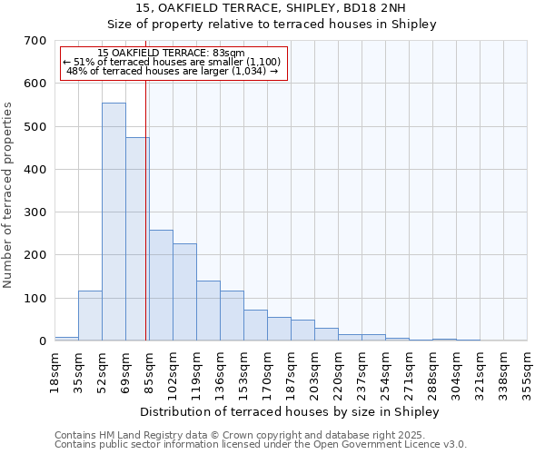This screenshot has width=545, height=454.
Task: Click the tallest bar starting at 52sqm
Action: pyautogui.click(x=114, y=222)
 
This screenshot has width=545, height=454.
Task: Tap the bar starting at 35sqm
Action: pyautogui.click(x=90, y=315)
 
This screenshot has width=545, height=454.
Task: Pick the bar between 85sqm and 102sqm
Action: pyautogui.click(x=161, y=285)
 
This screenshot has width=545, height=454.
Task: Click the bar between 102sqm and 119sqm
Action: pyautogui.click(x=184, y=291)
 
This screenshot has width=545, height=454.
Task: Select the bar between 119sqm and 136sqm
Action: pyautogui.click(x=208, y=311)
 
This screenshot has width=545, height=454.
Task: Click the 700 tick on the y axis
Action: pyautogui.click(x=35, y=41)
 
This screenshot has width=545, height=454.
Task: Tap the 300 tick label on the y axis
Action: pyautogui.click(x=35, y=212)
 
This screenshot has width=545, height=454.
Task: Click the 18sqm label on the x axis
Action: pyautogui.click(x=54, y=372)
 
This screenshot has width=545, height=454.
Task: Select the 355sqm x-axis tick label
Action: pyautogui.click(x=527, y=372)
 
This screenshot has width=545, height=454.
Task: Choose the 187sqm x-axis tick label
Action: pyautogui.click(x=291, y=372)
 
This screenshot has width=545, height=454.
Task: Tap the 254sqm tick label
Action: pyautogui.click(x=385, y=372)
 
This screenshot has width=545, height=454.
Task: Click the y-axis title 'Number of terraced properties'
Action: pyautogui.click(x=8, y=194)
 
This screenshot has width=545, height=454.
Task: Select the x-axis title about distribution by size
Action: pyautogui.click(x=290, y=411)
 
